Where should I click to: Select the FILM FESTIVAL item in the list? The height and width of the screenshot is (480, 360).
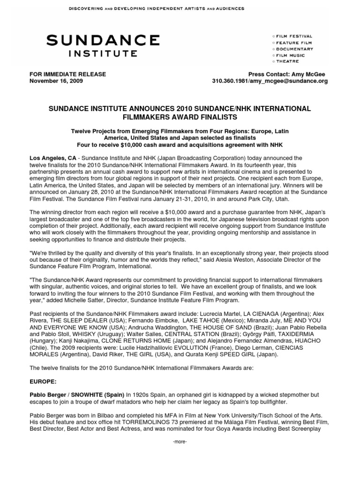coord(294,36)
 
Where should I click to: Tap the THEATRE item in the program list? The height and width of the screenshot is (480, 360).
coord(287,61)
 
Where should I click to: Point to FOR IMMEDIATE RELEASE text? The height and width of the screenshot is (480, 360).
coord(68,74)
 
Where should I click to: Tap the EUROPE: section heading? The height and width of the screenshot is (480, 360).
coord(44,382)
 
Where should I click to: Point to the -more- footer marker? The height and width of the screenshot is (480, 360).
coord(180,442)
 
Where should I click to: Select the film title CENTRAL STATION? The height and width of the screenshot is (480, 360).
coord(176,334)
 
